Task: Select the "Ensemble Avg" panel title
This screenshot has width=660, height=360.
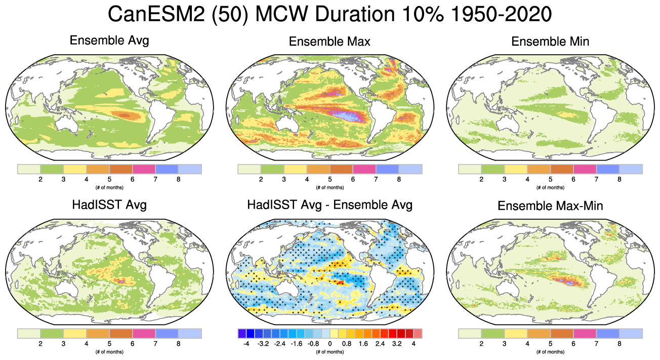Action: tap(109, 41)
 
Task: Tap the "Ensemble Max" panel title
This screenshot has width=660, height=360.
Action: tap(329, 42)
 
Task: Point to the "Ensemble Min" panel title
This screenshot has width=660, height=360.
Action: tap(550, 42)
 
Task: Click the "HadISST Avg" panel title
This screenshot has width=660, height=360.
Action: tap(109, 205)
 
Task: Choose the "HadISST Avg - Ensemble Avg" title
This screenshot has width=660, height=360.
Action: tap(329, 205)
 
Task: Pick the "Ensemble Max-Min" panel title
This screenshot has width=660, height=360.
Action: tap(550, 206)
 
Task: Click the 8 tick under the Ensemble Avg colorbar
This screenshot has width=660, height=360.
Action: tap(178, 179)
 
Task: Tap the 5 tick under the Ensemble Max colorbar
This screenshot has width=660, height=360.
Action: tap(329, 179)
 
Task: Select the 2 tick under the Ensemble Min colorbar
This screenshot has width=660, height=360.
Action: tap(481, 179)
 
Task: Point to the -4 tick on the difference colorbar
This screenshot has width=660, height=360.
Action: tap(246, 344)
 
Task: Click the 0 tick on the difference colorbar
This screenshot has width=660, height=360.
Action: tap(329, 344)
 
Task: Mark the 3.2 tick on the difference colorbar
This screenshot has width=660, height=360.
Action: tap(396, 344)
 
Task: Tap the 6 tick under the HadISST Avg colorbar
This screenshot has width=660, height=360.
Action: tap(132, 344)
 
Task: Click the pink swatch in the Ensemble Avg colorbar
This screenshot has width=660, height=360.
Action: tap(144, 169)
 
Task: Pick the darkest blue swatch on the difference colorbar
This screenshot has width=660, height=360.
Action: tap(241, 333)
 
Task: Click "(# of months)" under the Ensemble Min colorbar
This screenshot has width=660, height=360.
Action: tap(550, 187)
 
